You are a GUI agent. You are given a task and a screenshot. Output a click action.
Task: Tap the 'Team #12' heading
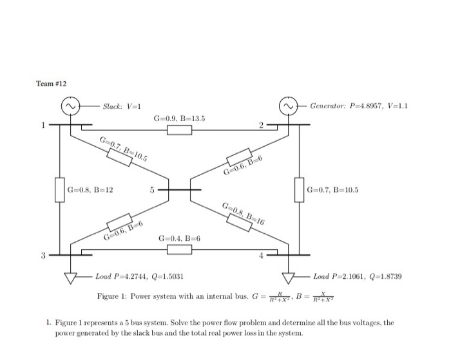click(52, 84)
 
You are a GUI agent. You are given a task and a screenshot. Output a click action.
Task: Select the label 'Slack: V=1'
click(122, 106)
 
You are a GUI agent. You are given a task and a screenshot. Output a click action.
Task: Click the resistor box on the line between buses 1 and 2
click(180, 131)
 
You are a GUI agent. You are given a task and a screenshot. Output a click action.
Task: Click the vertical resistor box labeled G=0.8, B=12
click(60, 190)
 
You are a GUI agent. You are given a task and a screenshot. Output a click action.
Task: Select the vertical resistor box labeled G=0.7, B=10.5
click(298, 190)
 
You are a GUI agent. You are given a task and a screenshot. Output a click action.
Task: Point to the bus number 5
click(152, 191)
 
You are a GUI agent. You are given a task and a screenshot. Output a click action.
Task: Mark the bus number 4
click(262, 257)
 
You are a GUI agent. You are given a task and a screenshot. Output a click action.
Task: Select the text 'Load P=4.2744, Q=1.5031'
click(140, 277)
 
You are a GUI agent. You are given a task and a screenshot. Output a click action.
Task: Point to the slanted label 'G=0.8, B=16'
click(243, 213)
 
